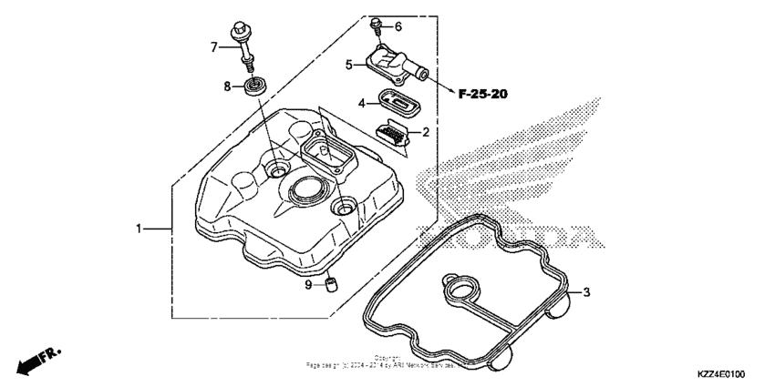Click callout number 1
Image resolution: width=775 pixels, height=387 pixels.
pyautogui.click(x=139, y=229)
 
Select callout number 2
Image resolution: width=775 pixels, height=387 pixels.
pyautogui.click(x=425, y=132)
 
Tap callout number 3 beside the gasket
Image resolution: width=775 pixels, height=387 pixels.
pyautogui.click(x=587, y=292)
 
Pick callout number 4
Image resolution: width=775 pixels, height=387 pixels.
pyautogui.click(x=361, y=103)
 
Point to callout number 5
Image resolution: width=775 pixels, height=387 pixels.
pyautogui.click(x=348, y=65)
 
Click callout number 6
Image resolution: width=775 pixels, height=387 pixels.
pyautogui.click(x=398, y=26)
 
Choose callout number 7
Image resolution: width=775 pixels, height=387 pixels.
pyautogui.click(x=214, y=46)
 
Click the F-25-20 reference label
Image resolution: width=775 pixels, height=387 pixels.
pyautogui.click(x=483, y=94)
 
